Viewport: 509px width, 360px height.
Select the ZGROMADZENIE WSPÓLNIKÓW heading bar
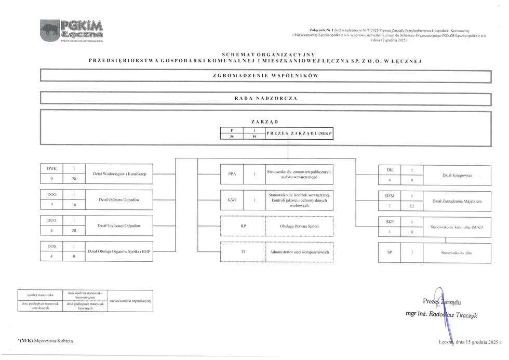pos(265,76)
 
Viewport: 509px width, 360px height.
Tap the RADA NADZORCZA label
pos(265,98)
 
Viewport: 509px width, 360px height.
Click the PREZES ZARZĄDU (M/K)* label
pos(299,134)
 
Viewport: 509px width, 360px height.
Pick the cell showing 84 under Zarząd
pos(254,137)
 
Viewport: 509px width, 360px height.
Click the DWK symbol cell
pos(51,169)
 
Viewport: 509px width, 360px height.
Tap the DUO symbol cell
pos(51,220)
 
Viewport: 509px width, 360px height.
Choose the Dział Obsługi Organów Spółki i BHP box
pos(119,251)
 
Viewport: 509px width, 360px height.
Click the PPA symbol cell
pos(232,174)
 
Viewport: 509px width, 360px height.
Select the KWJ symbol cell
pos(232,199)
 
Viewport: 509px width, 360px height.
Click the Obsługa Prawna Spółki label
pos(299,226)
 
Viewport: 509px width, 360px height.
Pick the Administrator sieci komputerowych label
pos(300,252)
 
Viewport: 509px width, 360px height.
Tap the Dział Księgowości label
pos(457,176)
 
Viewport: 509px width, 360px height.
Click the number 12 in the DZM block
pos(412,206)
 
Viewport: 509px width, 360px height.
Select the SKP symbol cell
pos(390,222)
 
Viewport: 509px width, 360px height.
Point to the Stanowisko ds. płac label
pos(457,252)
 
